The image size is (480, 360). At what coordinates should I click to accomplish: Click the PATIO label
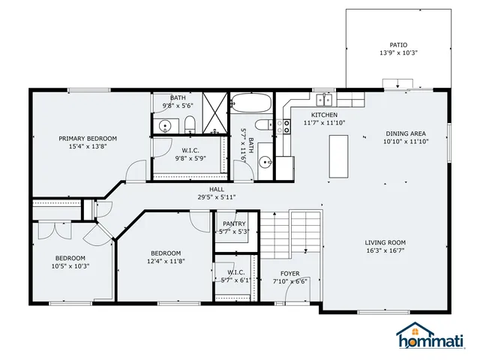click(398, 45)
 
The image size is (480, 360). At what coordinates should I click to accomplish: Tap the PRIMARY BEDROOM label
click(88, 139)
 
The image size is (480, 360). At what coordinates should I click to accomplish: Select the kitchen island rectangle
click(339, 155)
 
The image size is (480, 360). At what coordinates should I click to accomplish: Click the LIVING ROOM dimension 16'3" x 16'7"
click(385, 251)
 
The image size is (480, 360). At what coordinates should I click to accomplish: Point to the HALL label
click(217, 189)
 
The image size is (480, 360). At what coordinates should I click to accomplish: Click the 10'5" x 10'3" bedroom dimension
click(70, 265)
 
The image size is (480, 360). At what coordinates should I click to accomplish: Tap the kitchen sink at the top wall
click(325, 100)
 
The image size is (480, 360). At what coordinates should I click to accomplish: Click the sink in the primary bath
click(165, 126)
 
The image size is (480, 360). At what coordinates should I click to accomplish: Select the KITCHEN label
click(315, 114)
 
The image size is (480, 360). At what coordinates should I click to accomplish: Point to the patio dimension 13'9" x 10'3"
click(398, 53)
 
